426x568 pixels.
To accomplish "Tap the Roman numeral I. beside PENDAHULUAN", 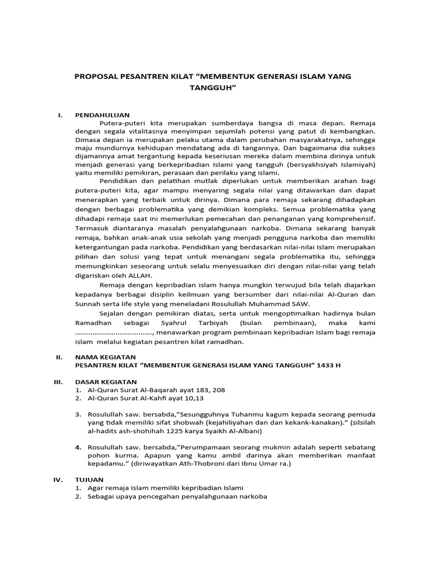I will click(59, 115).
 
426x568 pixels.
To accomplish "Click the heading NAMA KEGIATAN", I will click(105, 357).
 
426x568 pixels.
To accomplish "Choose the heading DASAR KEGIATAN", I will click(105, 382).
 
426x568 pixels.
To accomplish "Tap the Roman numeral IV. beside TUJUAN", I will click(59, 479).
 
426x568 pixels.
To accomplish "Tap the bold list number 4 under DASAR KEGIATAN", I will click(78, 447).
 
